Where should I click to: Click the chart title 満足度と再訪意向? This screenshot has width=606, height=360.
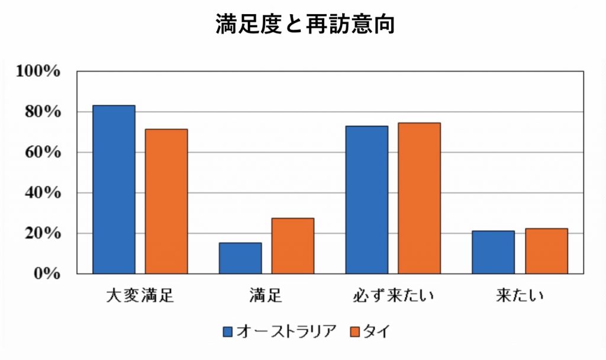coord(305,24)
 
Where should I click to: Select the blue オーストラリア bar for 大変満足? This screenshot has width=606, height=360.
coord(114,189)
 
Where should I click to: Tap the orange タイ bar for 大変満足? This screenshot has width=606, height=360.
coord(166,201)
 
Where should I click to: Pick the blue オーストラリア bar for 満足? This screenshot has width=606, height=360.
coord(240,258)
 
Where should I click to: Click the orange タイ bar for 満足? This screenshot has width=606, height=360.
coord(293,246)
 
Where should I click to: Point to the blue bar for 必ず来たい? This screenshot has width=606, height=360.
coord(367,200)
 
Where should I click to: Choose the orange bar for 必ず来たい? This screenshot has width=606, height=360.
coord(420,198)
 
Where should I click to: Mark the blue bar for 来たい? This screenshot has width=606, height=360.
coord(493,252)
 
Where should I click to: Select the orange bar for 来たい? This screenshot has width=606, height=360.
coord(546,251)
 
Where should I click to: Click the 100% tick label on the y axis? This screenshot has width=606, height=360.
coord(38,71)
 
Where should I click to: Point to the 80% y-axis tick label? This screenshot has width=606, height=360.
coord(43,112)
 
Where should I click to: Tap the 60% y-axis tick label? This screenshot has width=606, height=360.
coord(43,152)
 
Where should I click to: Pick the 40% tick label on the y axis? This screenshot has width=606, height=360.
coord(43,192)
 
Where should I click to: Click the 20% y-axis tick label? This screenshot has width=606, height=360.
coord(43,233)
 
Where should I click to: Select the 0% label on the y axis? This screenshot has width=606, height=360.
coord(47,274)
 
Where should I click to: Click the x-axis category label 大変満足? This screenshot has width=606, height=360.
coord(140,296)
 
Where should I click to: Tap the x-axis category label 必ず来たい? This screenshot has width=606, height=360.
coord(393,296)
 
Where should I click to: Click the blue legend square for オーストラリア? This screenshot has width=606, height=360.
coord(228,332)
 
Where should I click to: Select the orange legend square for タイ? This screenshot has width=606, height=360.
coord(355,332)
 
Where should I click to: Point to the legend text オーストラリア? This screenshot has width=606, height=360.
coord(286,332)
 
